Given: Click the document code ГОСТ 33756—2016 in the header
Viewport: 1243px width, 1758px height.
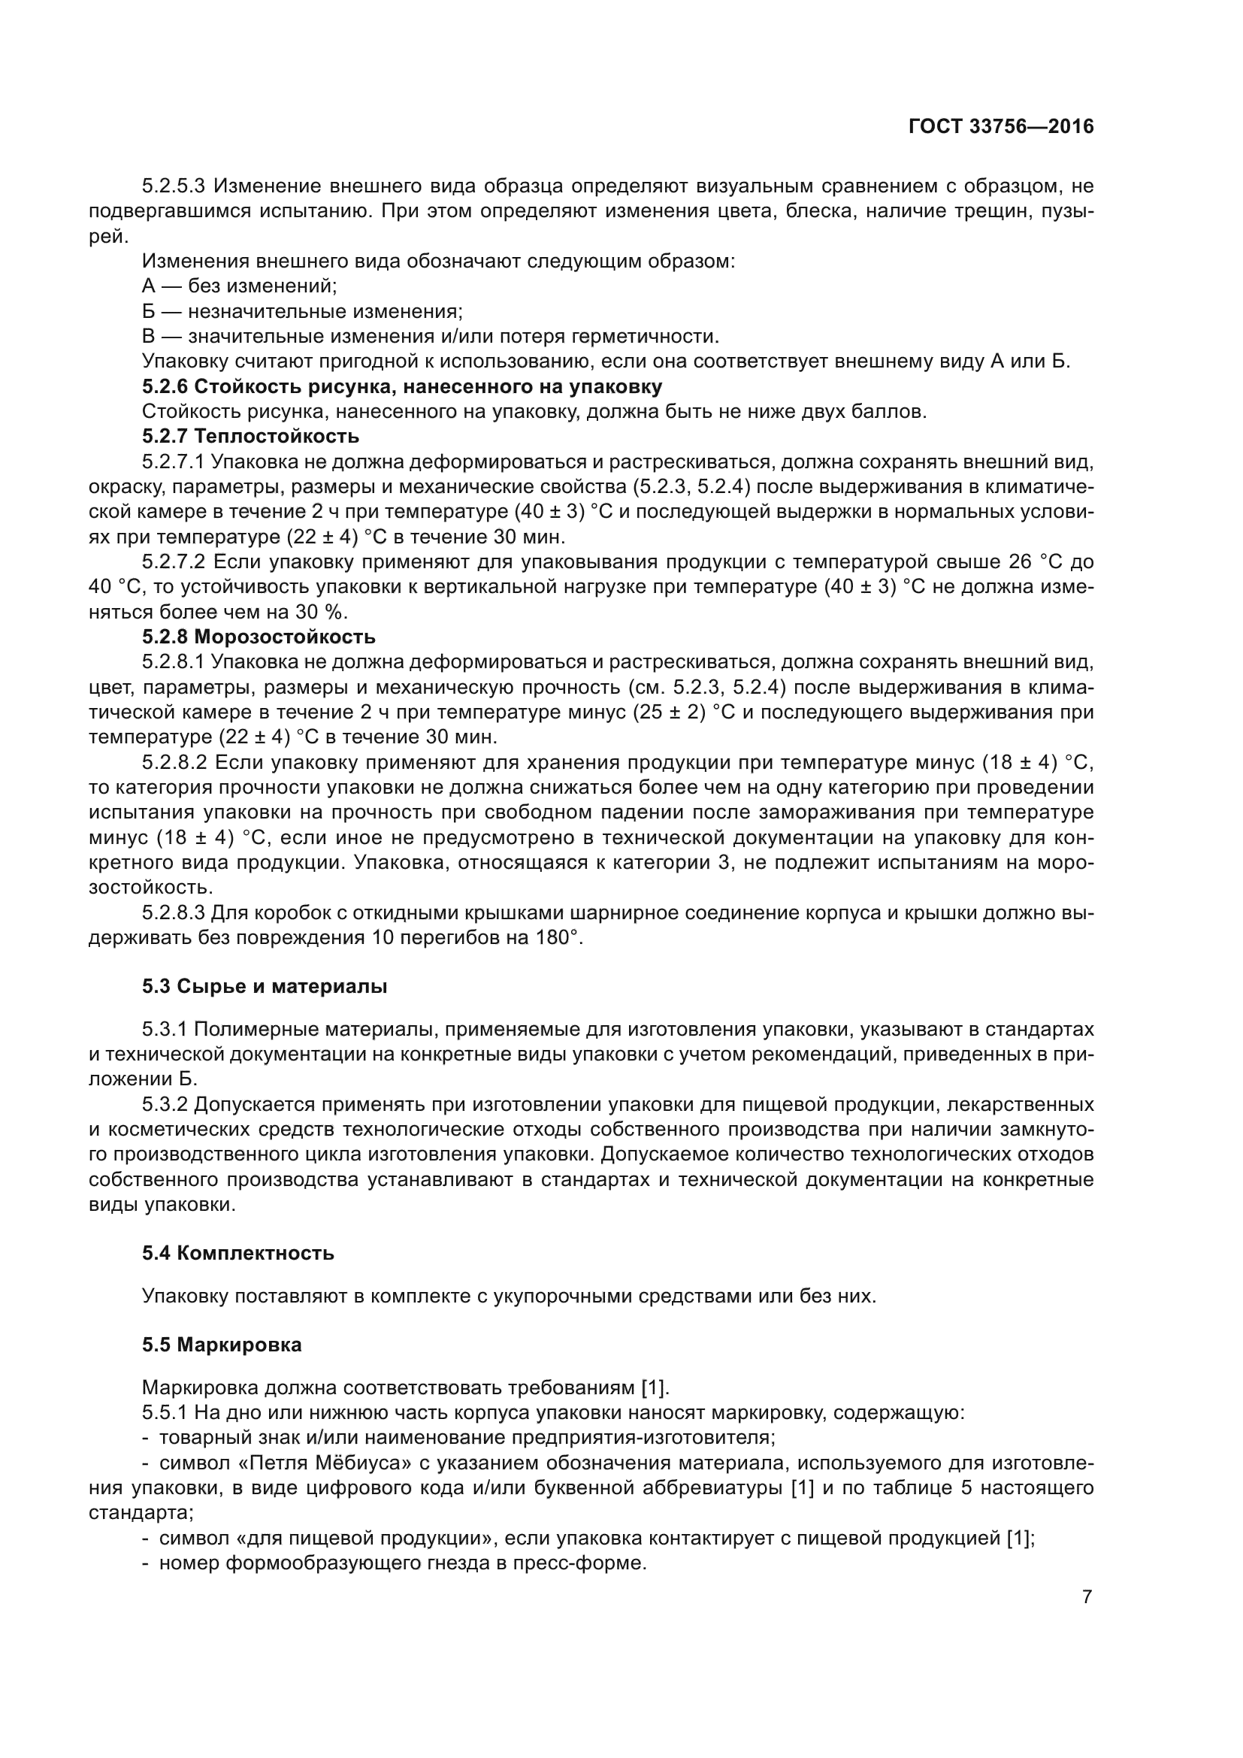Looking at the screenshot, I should [1001, 127].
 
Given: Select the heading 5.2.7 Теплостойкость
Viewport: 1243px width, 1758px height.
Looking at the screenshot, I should [250, 437].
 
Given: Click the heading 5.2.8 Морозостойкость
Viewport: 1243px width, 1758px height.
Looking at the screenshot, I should [259, 637].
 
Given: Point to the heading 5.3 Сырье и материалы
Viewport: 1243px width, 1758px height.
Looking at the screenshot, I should [264, 986].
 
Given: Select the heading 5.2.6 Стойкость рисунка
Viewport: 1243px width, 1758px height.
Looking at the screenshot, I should [402, 386].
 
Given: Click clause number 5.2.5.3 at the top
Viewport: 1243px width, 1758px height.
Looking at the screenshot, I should [174, 186].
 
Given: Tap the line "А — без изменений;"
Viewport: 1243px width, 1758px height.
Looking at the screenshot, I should [240, 286].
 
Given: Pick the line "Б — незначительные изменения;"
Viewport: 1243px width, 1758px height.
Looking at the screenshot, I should [302, 312].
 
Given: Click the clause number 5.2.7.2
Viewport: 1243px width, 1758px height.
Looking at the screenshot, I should [174, 562].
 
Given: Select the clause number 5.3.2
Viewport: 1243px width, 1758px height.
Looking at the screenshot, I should [165, 1104].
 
